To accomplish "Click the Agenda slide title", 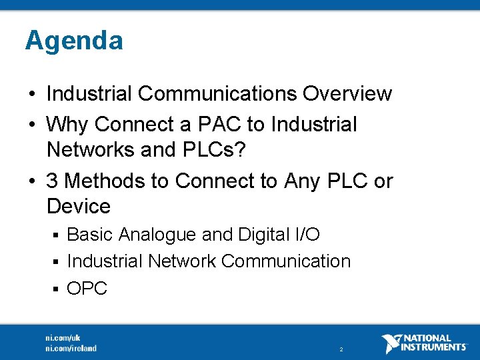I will [74, 41].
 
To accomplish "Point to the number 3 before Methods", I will [53, 181].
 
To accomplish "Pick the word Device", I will [79, 207].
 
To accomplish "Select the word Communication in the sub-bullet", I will [285, 261].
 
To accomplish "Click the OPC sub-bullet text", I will [87, 289].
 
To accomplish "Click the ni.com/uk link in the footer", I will [63, 337].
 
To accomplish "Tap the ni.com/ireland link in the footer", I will [71, 348].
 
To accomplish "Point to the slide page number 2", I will [341, 349].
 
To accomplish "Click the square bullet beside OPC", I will [57, 289].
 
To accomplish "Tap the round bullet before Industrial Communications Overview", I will [33, 95].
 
